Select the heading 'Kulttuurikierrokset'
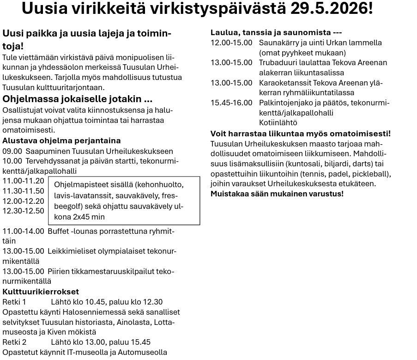[41, 292]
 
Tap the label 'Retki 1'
[14, 302]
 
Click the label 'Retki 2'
[14, 342]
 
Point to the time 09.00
[12, 151]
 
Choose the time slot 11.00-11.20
[23, 181]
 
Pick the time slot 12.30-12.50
[23, 211]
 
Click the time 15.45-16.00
[231, 103]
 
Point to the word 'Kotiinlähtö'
[278, 123]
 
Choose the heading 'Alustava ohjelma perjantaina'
[61, 140]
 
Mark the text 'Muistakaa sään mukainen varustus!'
[277, 193]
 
